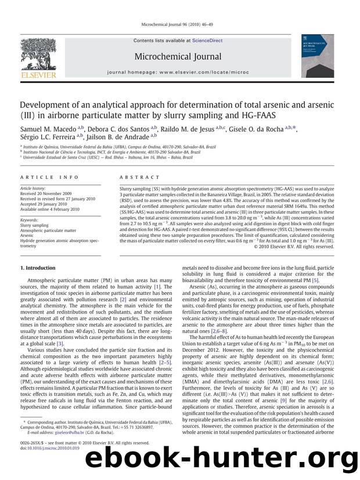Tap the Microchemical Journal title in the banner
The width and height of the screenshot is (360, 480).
click(178, 56)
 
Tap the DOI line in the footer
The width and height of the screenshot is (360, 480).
click(41, 464)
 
